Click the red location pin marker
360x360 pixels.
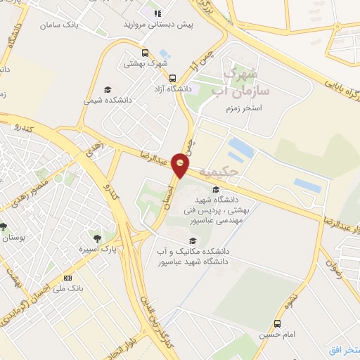(x=181, y=165)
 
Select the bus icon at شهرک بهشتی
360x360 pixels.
(x=146, y=53)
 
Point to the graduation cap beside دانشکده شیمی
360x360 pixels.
(x=108, y=89)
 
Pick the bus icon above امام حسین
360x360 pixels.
(x=277, y=323)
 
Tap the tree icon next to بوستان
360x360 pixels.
(x=4, y=226)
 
